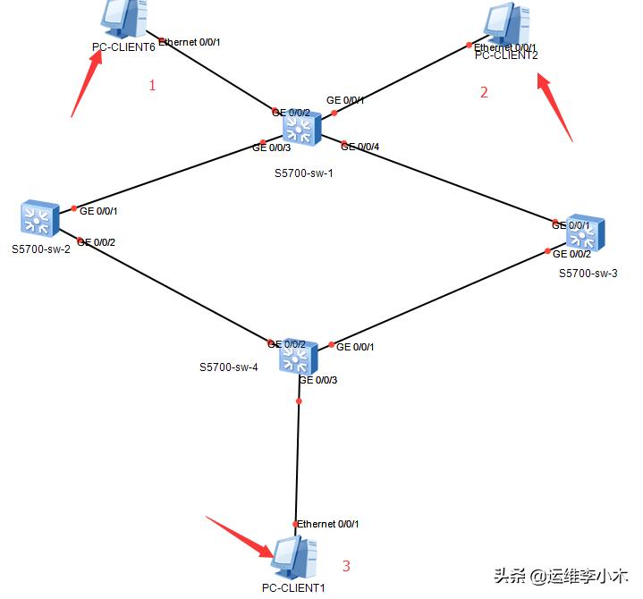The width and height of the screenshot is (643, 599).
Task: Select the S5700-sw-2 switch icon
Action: (x=38, y=217)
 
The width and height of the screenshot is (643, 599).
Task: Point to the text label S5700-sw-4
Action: (x=228, y=367)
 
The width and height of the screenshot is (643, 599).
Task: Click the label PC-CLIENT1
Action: (x=293, y=588)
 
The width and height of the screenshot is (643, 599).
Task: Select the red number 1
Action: (x=152, y=86)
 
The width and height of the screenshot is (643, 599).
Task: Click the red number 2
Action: (x=484, y=92)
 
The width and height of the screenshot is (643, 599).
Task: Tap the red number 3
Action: (x=346, y=566)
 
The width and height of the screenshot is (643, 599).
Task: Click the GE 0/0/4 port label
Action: (x=360, y=147)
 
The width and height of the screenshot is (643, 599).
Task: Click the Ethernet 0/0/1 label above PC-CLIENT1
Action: (x=327, y=524)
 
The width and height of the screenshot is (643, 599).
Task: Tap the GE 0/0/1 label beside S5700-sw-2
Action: (x=98, y=212)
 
